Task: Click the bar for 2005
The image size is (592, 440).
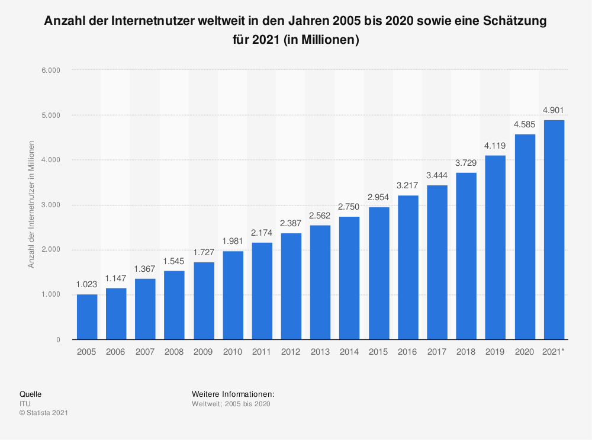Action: click(86, 317)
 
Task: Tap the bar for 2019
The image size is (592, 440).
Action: click(496, 248)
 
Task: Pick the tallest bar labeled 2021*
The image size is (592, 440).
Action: click(554, 230)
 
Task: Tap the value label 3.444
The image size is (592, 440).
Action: click(437, 175)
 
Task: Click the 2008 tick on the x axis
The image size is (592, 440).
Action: click(174, 352)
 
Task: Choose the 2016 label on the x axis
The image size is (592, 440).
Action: click(408, 352)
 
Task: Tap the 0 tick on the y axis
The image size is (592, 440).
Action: click(58, 340)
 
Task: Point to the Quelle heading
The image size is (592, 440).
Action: click(31, 394)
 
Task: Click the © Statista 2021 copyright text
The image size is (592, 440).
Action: click(44, 413)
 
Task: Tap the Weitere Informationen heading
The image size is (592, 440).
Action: click(233, 394)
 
